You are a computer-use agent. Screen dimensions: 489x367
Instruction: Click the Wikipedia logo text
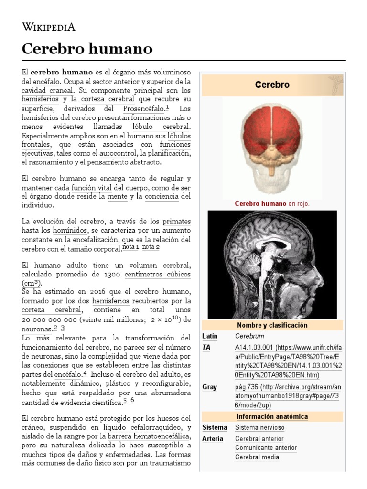[49, 26]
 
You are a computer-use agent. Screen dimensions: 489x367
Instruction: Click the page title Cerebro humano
[87, 48]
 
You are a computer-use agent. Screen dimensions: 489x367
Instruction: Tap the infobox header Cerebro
[272, 85]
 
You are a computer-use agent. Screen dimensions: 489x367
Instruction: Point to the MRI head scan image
[272, 265]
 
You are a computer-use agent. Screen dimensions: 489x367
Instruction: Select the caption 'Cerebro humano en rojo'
[272, 203]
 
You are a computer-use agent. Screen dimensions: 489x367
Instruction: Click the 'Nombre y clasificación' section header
[272, 325]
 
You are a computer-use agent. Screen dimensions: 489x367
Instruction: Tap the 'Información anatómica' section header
[272, 416]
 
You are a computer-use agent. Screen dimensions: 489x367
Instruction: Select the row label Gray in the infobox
[209, 387]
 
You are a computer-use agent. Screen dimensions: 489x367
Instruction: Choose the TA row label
[206, 348]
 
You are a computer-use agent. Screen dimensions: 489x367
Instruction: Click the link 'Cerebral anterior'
[259, 439]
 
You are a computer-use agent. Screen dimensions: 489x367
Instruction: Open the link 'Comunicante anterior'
[266, 448]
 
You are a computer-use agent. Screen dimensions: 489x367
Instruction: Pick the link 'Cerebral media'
[257, 457]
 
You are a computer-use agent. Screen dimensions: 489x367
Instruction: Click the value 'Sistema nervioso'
[259, 427]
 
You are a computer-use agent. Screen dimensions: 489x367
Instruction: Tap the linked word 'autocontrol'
[117, 153]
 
